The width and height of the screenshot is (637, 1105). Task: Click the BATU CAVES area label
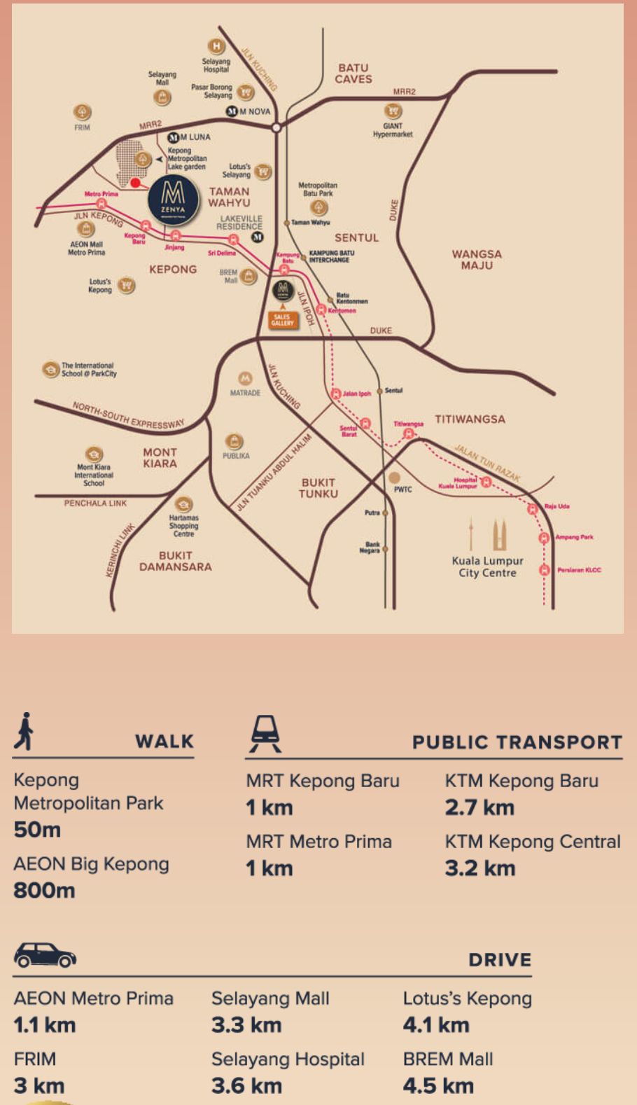click(353, 74)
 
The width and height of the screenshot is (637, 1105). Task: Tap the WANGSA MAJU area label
click(477, 260)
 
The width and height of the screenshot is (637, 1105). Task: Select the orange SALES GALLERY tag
click(283, 320)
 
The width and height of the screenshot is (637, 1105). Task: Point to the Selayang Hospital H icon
click(216, 47)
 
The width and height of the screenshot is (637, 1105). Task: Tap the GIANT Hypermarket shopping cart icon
click(393, 111)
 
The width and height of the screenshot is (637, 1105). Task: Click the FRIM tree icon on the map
click(83, 111)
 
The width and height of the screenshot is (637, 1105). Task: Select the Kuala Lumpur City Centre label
click(487, 567)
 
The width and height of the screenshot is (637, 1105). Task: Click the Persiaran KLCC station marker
click(544, 570)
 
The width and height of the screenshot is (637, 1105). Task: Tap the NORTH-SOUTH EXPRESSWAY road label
click(128, 415)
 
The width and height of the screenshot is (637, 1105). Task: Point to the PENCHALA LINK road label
click(95, 503)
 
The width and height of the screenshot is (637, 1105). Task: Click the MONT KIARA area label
click(160, 458)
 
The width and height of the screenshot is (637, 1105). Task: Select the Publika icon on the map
click(234, 442)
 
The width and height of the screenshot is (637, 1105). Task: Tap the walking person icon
click(25, 731)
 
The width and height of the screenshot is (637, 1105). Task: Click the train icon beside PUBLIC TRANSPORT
click(265, 734)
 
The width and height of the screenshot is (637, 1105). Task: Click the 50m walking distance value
click(37, 830)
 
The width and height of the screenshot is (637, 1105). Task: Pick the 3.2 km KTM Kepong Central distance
click(480, 868)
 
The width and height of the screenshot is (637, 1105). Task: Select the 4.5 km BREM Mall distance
click(438, 1086)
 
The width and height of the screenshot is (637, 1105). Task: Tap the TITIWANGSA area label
click(470, 419)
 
